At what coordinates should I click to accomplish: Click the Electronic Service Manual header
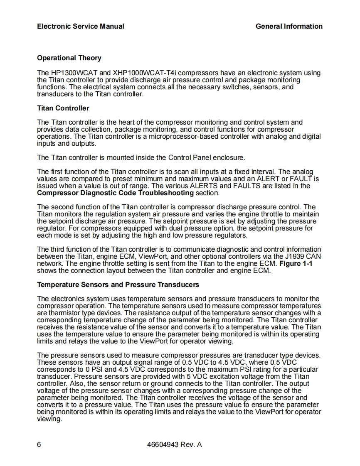[x=80, y=26]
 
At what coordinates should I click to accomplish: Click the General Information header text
[x=289, y=26]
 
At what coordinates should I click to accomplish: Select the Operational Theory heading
[x=69, y=58]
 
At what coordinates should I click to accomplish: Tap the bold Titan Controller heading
[x=63, y=108]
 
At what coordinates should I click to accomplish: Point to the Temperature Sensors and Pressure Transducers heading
[x=118, y=285]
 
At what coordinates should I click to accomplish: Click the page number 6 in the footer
[x=39, y=445]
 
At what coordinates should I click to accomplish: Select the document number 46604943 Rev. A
[x=175, y=445]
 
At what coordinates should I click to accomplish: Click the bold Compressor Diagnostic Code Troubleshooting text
[x=115, y=193]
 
